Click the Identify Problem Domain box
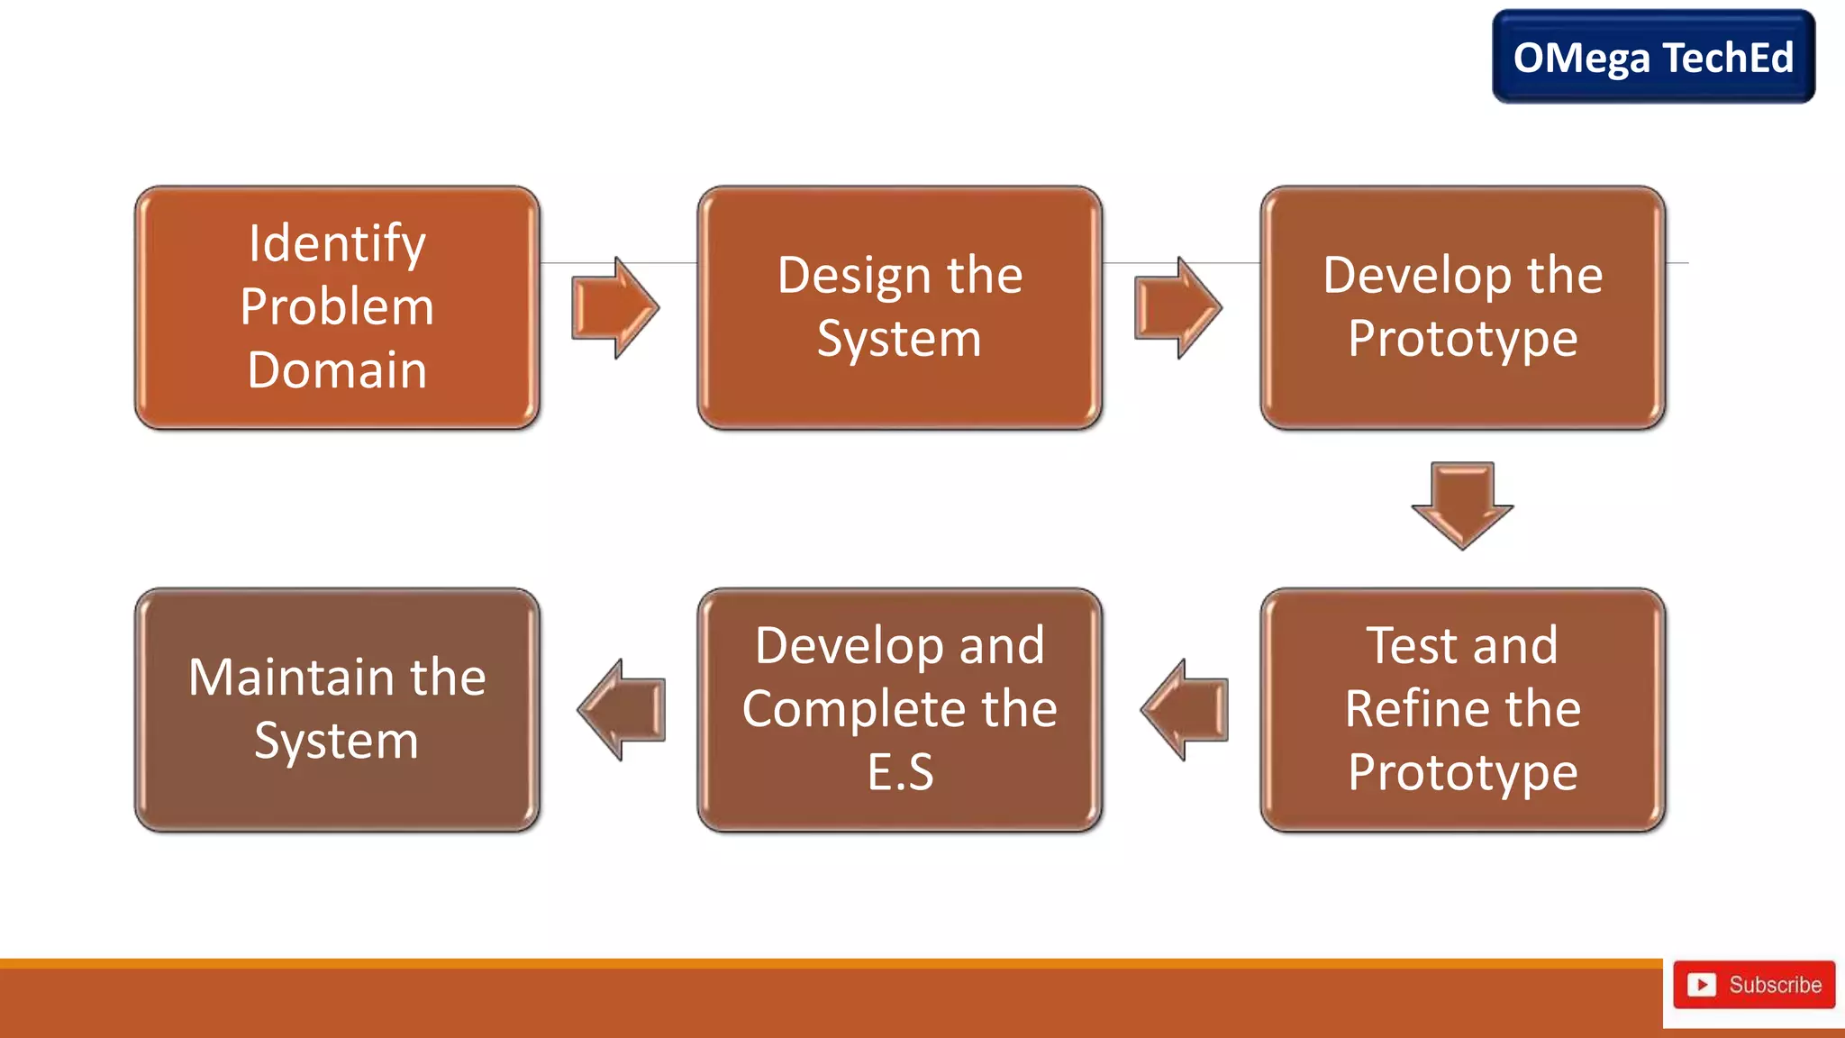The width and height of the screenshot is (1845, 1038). coord(337,307)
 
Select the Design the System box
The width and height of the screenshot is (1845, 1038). coord(899,307)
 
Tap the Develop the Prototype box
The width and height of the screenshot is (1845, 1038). coord(1462,307)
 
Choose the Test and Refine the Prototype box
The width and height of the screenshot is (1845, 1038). coord(1462,709)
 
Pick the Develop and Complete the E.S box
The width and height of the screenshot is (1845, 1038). coord(899,709)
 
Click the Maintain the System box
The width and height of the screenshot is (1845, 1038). coord(337,709)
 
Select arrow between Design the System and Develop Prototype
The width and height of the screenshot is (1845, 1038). coord(1177,307)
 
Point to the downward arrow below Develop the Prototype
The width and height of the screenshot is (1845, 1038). coord(1462,505)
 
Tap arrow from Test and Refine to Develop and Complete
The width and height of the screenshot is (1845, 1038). coord(1185,709)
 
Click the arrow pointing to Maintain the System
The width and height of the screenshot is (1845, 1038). coord(622,709)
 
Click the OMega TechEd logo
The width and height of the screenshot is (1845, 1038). coord(1653,57)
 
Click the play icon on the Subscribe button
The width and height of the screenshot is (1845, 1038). coord(1701,984)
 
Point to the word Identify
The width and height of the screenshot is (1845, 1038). coord(337,243)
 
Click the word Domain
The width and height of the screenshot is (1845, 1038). coord(337,370)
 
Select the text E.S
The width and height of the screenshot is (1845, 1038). coord(900,772)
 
